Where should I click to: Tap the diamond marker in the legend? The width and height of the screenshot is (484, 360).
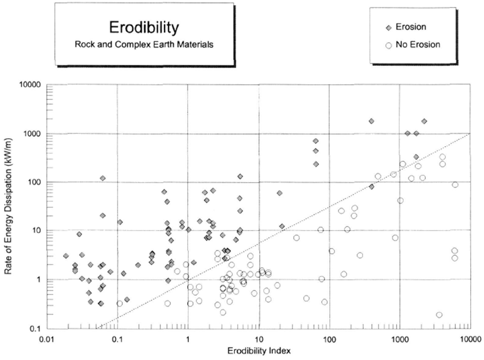[388, 27]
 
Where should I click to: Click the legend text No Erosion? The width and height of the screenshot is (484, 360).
[418, 44]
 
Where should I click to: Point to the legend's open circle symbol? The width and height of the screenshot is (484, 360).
[388, 44]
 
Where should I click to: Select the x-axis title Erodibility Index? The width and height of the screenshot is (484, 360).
[258, 351]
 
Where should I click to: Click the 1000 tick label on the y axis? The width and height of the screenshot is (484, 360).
[31, 133]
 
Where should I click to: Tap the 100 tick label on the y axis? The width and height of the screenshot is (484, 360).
[32, 182]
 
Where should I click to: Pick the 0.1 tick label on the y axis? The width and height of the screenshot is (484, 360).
[33, 328]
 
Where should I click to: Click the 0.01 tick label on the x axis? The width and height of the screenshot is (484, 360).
[47, 338]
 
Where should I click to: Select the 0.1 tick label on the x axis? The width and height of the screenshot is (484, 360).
[117, 338]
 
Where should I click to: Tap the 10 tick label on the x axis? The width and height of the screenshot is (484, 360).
[258, 338]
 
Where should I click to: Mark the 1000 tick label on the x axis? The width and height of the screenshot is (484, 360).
[399, 338]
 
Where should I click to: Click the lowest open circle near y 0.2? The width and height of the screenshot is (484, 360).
[440, 315]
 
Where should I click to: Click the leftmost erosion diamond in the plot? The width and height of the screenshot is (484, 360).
[66, 255]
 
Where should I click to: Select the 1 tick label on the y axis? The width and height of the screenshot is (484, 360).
[36, 280]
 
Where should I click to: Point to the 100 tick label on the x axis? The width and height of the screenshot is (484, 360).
[329, 338]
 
